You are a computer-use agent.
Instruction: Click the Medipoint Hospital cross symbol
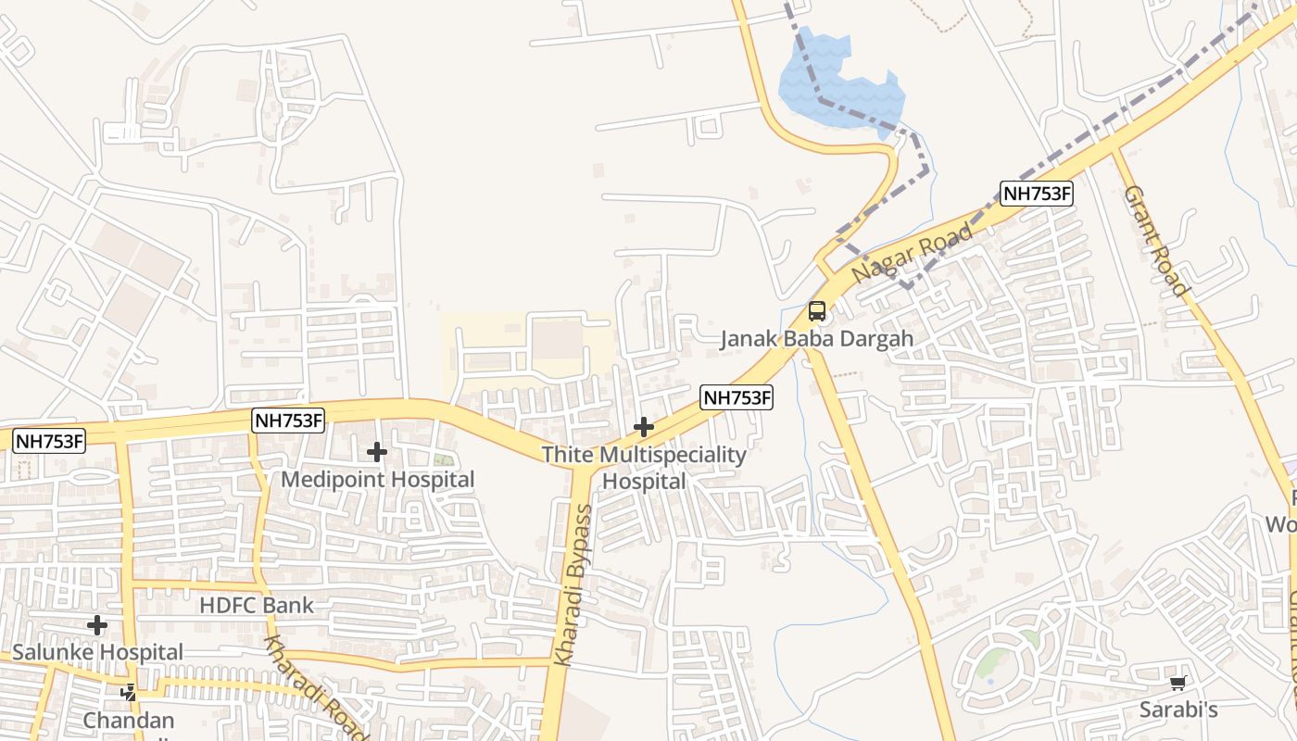[x=376, y=452]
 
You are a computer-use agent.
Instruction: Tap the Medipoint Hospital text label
[x=377, y=479]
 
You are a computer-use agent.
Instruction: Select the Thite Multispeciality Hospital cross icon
[x=643, y=427]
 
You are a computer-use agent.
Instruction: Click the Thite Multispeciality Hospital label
[x=644, y=468]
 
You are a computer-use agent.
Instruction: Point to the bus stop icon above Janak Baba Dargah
[x=816, y=311]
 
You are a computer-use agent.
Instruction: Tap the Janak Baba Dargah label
[x=817, y=338]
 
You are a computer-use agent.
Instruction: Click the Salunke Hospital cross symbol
[x=97, y=625]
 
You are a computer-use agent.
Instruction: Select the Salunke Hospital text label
[x=98, y=652]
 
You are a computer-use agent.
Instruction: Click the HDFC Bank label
[x=257, y=606]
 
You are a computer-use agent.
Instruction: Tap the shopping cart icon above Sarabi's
[x=1177, y=684]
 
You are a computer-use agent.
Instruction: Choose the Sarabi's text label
[x=1178, y=710]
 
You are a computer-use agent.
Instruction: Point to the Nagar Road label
[x=913, y=253]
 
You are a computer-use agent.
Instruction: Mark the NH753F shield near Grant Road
[x=1037, y=194]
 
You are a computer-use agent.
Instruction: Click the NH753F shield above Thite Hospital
[x=736, y=397]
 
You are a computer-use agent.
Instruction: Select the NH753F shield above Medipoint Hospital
[x=288, y=421]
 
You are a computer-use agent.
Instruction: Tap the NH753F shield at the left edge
[x=49, y=441]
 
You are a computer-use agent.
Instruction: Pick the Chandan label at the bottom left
[x=129, y=720]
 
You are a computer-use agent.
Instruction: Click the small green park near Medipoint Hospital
[x=445, y=459]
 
